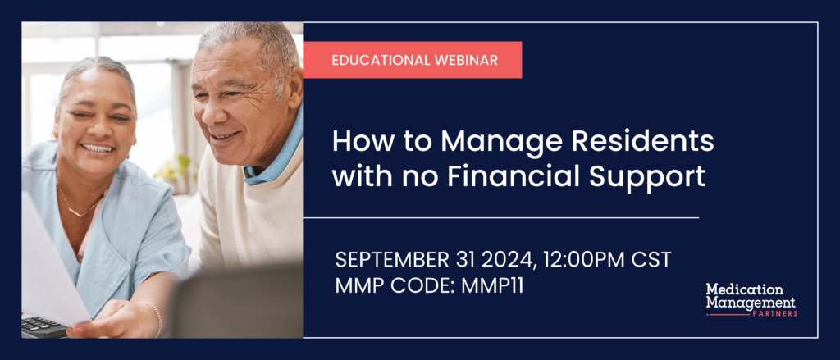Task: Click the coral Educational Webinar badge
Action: pos(413,60)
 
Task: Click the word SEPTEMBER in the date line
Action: pos(392,260)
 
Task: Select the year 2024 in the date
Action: pos(509,260)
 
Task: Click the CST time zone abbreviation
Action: pos(651,260)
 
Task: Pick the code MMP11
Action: pos(492,285)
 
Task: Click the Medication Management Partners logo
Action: pos(751,299)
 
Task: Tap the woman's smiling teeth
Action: pos(98,148)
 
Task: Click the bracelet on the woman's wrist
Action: pos(157,320)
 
